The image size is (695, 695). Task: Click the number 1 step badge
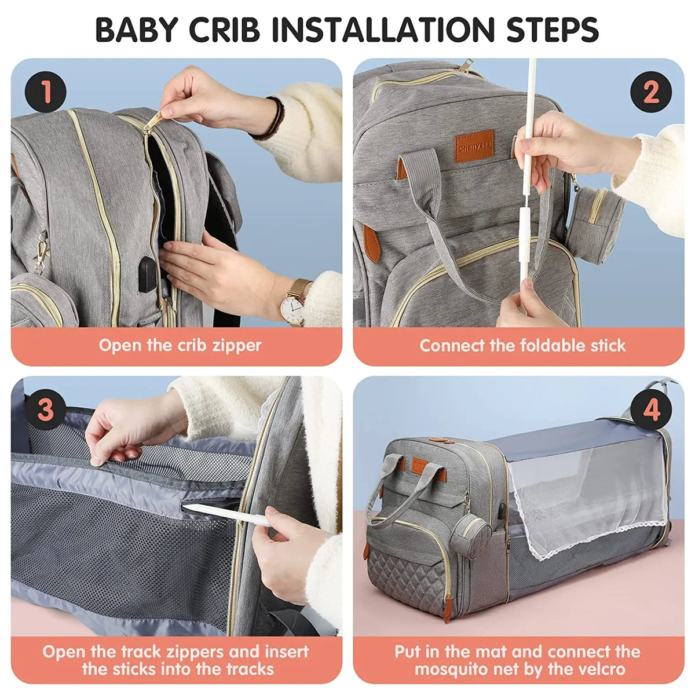pyautogui.click(x=45, y=93)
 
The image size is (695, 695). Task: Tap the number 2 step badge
pyautogui.click(x=650, y=93)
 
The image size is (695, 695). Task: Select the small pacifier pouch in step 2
pyautogui.click(x=597, y=214)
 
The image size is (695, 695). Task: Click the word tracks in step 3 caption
pyautogui.click(x=242, y=670)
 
